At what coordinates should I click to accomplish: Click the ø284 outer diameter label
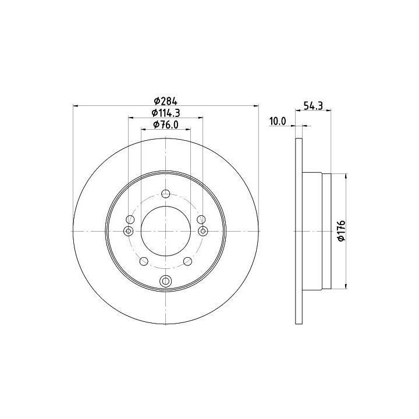[166, 101]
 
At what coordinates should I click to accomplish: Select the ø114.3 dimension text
[166, 113]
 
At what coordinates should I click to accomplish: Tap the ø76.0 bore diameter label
[166, 125]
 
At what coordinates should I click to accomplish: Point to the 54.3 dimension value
[313, 105]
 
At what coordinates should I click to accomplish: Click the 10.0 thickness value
[278, 121]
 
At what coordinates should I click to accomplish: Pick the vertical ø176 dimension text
[342, 231]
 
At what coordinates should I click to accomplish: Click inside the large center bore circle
[166, 231]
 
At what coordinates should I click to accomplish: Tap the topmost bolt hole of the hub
[166, 193]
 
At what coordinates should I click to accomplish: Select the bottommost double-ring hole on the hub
[166, 281]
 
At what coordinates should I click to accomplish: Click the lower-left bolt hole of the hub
[144, 261]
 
